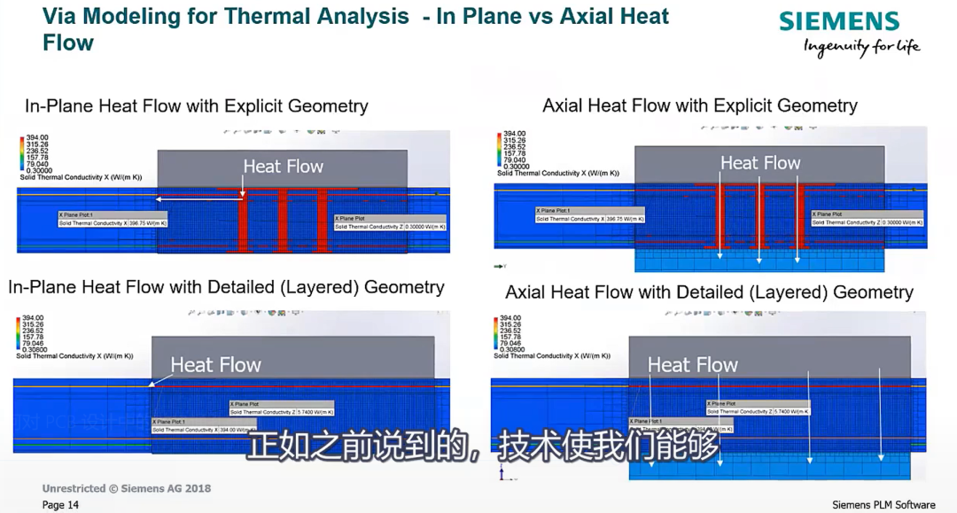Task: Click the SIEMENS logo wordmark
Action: pos(838,22)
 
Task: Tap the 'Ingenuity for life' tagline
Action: pos(861,47)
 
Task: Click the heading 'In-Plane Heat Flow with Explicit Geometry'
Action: pos(196,106)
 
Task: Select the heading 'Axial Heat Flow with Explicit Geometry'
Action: pos(699,106)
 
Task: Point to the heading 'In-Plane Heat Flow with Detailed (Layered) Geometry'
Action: pos(226,287)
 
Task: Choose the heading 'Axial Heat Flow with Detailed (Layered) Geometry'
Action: pos(709,292)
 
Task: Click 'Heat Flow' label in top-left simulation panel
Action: pos(283,167)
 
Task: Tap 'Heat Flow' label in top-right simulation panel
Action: pos(759,163)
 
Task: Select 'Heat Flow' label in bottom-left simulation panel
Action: pos(215,365)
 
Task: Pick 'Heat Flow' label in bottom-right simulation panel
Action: pos(692,365)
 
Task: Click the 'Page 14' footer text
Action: pos(60,505)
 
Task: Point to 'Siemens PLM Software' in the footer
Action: pos(883,505)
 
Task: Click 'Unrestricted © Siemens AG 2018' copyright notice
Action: pos(127,488)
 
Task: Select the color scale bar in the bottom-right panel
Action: pos(496,333)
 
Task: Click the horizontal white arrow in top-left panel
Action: pos(200,199)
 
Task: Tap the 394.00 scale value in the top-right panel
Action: pos(515,133)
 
